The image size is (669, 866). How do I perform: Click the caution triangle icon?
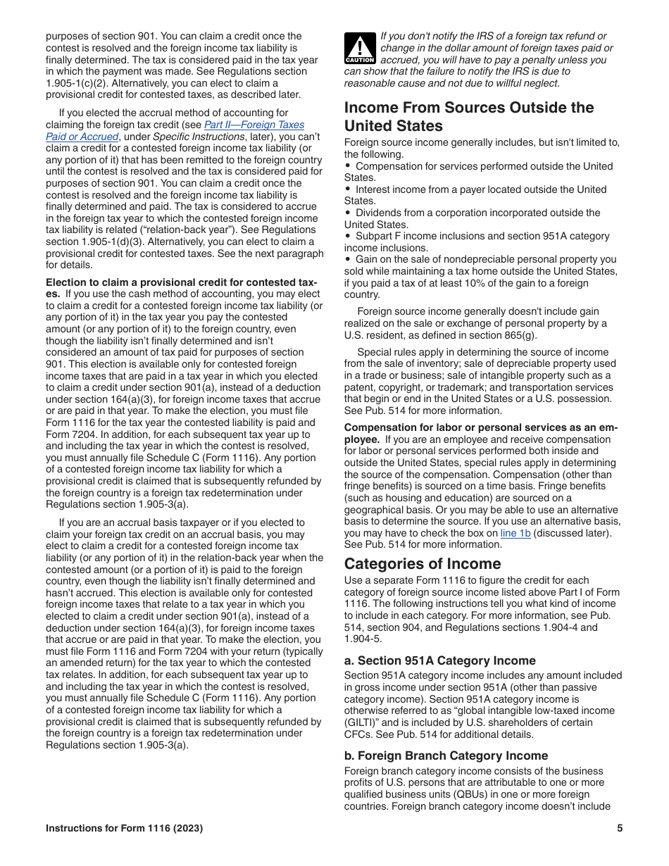359,49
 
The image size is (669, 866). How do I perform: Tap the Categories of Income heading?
423,563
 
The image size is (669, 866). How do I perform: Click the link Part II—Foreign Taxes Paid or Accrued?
254,125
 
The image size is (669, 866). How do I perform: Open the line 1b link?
515,533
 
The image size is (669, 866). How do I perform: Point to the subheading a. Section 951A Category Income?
439,660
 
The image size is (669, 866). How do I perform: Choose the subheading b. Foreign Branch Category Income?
446,755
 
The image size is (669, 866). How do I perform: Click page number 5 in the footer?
620,829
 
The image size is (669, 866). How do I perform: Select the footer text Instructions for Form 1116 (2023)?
124,829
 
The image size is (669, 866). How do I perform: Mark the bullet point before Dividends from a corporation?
348,213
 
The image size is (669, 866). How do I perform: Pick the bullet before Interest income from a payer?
348,189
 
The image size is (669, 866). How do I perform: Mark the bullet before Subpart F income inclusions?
348,236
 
